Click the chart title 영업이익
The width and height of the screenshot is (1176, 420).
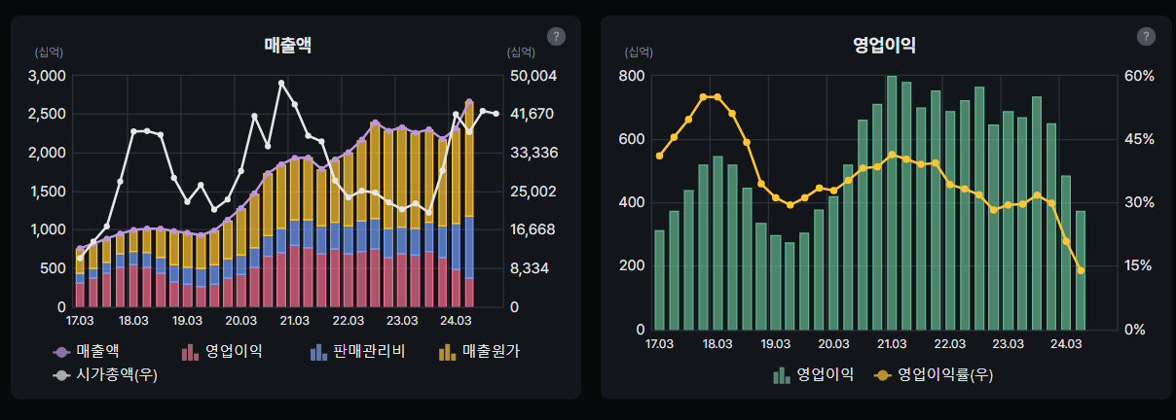(x=884, y=44)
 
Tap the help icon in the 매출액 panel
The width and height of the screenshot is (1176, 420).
(x=557, y=37)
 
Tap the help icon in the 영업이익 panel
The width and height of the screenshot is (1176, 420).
(x=1147, y=37)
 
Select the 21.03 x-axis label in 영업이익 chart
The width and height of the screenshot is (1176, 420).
(x=892, y=343)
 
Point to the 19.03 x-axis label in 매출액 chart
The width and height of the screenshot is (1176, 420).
(x=187, y=320)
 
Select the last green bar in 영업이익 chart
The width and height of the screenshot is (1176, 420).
(x=1080, y=270)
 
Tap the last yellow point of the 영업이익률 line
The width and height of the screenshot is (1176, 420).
(x=1081, y=270)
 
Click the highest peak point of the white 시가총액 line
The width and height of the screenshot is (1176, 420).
(x=281, y=84)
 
